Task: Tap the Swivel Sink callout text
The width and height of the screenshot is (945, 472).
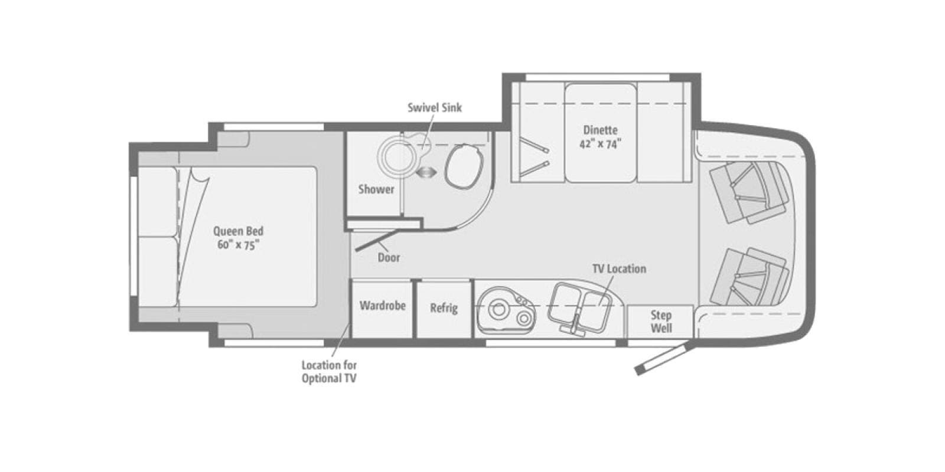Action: point(435,107)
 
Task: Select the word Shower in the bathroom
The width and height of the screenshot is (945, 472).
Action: point(376,189)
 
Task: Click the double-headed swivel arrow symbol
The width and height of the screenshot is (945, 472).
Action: point(426,172)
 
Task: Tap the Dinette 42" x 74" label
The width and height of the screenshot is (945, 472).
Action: point(600,136)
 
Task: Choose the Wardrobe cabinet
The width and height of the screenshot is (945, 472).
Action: point(382,309)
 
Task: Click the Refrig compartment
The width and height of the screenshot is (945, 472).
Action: point(444,309)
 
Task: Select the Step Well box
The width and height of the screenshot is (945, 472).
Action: point(661,321)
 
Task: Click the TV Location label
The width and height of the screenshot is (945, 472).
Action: point(619,268)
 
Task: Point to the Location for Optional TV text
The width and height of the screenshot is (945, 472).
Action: point(329,372)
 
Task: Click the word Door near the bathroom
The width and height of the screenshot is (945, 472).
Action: point(389,257)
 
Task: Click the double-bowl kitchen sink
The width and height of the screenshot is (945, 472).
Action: point(581,307)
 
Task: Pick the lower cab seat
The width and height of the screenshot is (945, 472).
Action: point(750,277)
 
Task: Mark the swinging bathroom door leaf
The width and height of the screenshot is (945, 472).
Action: point(377,240)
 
